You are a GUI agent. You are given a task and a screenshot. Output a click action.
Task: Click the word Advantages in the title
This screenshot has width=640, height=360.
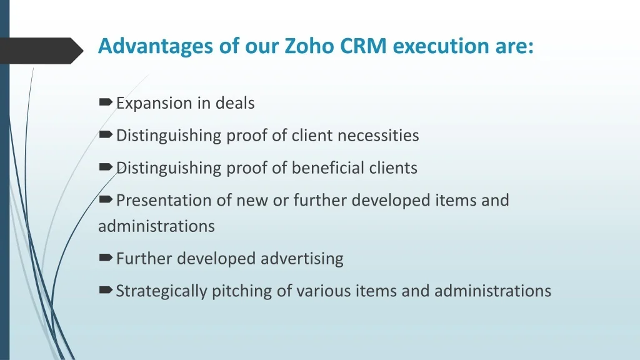coord(155,46)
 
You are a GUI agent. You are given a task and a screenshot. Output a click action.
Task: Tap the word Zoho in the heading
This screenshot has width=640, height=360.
coord(309,45)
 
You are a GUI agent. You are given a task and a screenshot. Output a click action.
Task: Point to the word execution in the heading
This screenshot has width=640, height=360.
coord(441,46)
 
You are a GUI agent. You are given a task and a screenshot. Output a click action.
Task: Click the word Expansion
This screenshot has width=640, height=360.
coord(154,104)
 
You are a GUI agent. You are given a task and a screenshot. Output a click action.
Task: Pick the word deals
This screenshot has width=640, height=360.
coord(235,103)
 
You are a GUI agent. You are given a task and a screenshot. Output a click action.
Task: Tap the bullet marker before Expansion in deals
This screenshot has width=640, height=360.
coord(105,102)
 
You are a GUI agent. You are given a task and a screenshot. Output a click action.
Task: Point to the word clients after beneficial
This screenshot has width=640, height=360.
coord(393,167)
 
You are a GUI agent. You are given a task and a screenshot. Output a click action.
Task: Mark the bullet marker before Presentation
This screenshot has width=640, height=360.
coord(105,199)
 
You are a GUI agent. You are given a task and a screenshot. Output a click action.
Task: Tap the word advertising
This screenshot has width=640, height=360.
coord(302,259)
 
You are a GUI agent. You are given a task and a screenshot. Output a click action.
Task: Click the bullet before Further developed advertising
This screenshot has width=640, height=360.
coord(105,257)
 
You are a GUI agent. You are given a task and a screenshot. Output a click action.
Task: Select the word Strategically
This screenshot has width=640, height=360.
coord(162,291)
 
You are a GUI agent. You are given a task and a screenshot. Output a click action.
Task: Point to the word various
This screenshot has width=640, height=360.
coord(323,291)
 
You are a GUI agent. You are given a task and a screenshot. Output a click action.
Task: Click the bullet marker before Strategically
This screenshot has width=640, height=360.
coord(105,290)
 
